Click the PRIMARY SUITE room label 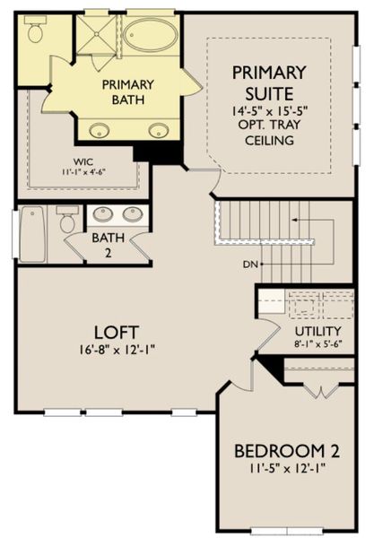coord(268,82)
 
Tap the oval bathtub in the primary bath coord(152,36)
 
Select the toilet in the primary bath coord(35,32)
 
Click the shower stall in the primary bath coord(96,37)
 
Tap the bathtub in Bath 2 coord(32,235)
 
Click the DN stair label coord(250,265)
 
